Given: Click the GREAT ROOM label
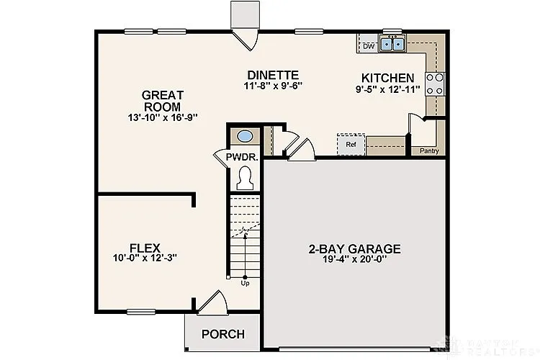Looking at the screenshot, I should (163, 100).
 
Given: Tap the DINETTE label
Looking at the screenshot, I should (272, 75).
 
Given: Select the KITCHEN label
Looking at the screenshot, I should (387, 78).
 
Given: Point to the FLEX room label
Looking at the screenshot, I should (145, 247).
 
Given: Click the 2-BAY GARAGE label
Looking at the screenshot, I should (354, 249).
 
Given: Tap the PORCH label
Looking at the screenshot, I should (222, 335).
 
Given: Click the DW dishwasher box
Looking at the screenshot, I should (369, 46).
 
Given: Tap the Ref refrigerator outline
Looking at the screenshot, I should (351, 144).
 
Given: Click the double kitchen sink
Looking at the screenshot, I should (392, 44).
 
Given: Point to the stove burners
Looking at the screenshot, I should (435, 84).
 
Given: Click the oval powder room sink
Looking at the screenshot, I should (245, 136).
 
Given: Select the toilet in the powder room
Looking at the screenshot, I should (245, 177).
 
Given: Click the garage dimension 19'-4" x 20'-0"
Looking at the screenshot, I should (354, 260).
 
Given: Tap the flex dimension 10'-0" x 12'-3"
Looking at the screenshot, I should (145, 258).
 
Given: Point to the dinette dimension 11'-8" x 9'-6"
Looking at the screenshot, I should (272, 86).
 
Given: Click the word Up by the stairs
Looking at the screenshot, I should (245, 282).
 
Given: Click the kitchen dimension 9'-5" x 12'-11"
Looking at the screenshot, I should (387, 89).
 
